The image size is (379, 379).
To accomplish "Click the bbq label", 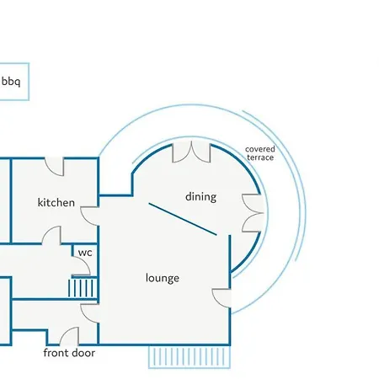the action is tap(11, 82).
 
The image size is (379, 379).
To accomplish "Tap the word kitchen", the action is tap(56, 202).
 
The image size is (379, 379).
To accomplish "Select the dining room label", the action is tap(201, 197).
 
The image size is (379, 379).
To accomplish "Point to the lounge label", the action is tap(163, 278).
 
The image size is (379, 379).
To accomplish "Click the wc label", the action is tap(85, 253).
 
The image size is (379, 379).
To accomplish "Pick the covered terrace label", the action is tap(260, 153).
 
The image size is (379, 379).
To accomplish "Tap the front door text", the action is tap(69, 353).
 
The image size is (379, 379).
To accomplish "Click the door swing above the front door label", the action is tap(69, 336).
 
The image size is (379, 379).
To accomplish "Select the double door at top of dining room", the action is tap(191, 152).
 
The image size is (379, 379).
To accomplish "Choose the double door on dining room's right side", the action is tap(253, 213).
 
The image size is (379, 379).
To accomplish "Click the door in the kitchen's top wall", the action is tap(55, 167).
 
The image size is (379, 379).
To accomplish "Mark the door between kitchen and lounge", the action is tap(89, 216).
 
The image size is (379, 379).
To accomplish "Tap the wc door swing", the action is tap(81, 266).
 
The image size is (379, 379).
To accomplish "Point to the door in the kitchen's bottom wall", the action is tap(51, 235).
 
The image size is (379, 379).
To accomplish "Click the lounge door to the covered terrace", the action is tap(222, 298).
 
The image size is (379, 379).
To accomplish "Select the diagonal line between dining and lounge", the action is tap(183, 219).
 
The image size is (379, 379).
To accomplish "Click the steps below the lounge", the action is tap(189, 356).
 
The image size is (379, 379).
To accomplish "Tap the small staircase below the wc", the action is tap(83, 287).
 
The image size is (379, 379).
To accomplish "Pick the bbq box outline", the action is tap(29, 82).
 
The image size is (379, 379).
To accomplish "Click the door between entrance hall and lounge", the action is tap(90, 313).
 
